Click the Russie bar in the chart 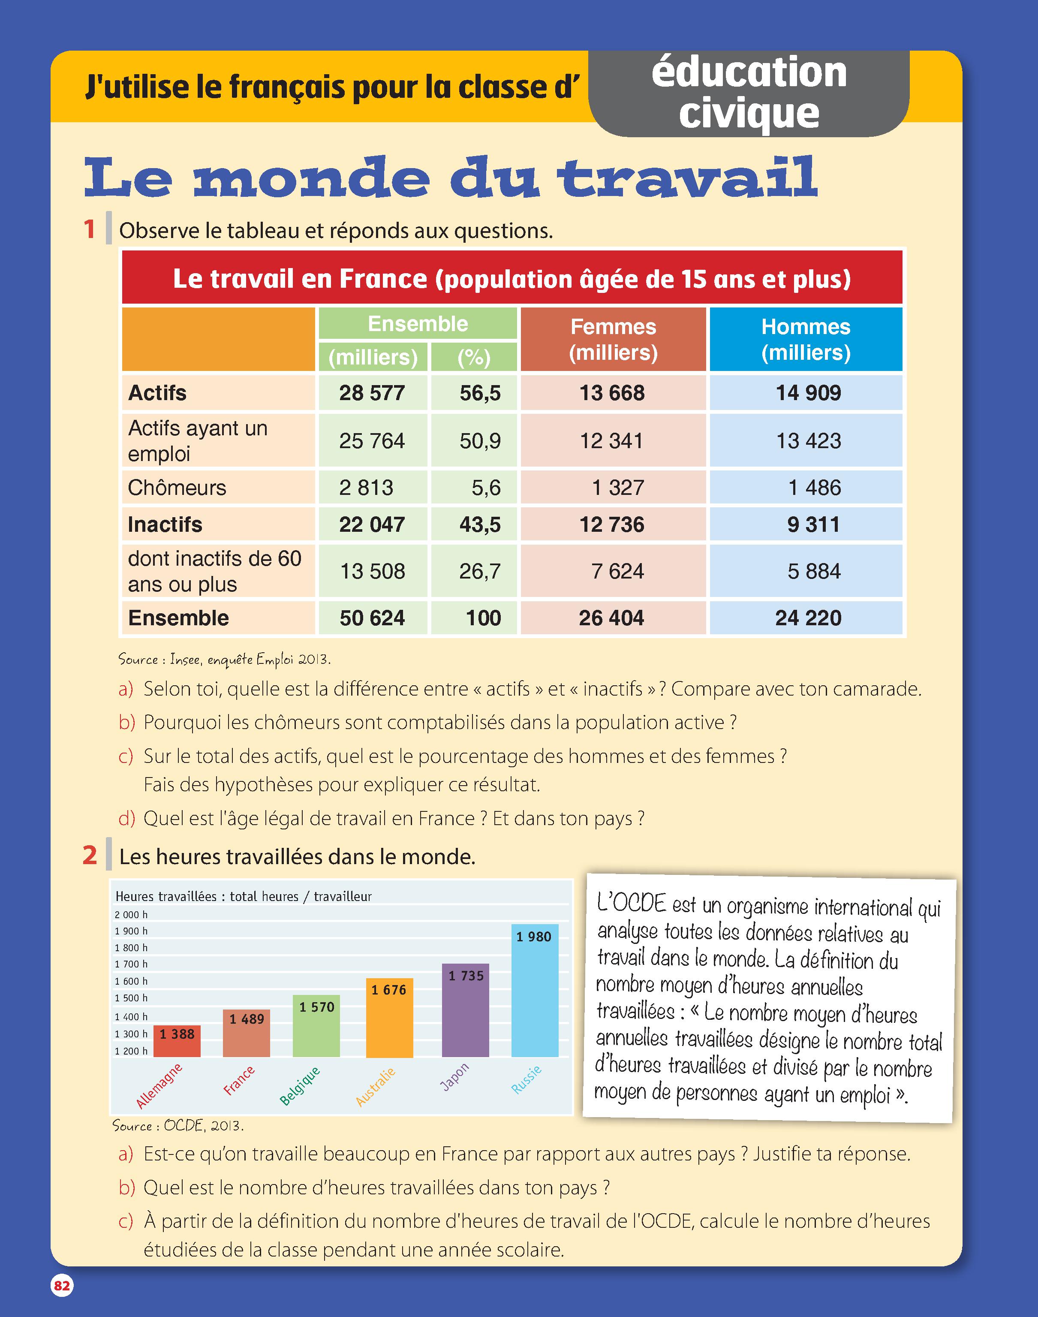pyautogui.click(x=535, y=991)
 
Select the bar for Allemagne pyautogui.click(x=177, y=1040)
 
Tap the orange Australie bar pyautogui.click(x=390, y=1018)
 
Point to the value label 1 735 pyautogui.click(x=466, y=976)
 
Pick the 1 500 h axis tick pyautogui.click(x=131, y=998)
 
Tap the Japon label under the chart pyautogui.click(x=454, y=1077)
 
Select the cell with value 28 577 pyautogui.click(x=372, y=392)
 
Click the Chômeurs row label pyautogui.click(x=177, y=488)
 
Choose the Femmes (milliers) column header pyautogui.click(x=613, y=339)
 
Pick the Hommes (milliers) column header pyautogui.click(x=806, y=339)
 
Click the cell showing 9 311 pyautogui.click(x=806, y=524)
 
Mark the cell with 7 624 pyautogui.click(x=613, y=571)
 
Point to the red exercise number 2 pyautogui.click(x=90, y=855)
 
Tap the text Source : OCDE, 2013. pyautogui.click(x=178, y=1126)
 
